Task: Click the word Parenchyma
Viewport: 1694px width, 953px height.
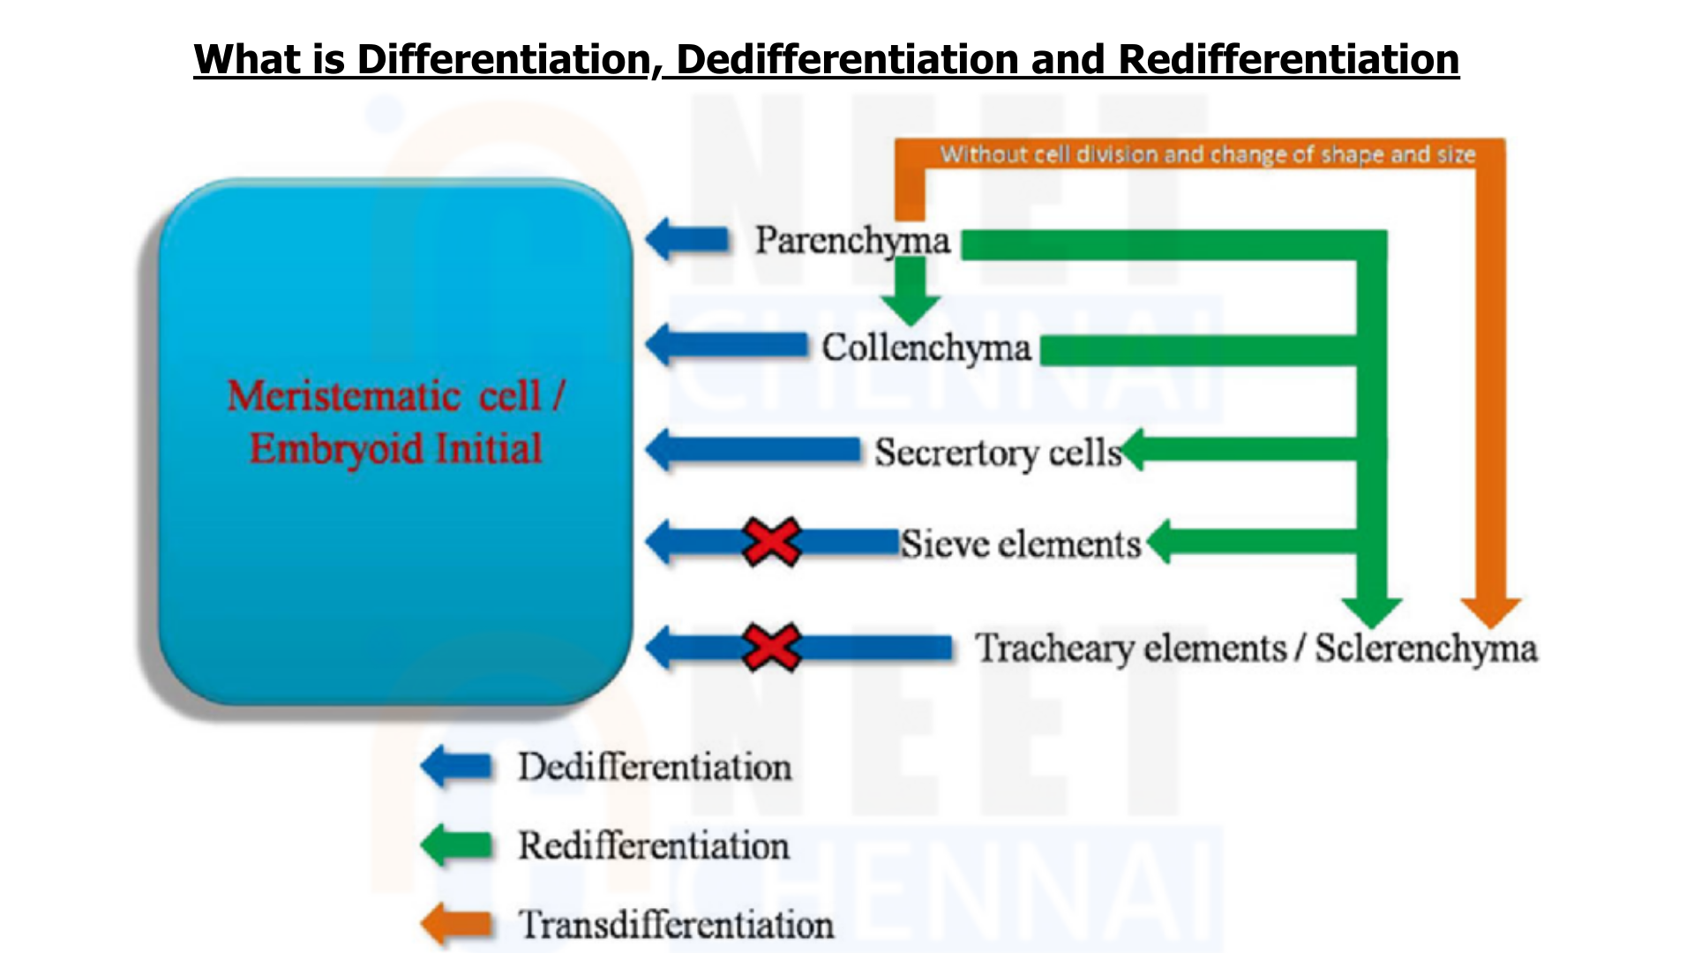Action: tap(852, 241)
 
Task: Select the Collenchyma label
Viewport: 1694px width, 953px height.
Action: tap(926, 348)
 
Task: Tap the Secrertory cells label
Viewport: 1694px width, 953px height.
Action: tap(998, 454)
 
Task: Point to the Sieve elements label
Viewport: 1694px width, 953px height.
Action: tap(1021, 544)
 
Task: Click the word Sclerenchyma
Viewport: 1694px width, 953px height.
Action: tap(1426, 649)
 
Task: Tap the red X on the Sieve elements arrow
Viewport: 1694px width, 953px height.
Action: tap(771, 542)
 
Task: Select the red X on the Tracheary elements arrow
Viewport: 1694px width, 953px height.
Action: tap(771, 648)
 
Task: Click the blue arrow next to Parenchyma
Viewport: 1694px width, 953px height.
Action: tap(688, 239)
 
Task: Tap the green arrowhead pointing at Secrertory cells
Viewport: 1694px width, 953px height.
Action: tap(1133, 449)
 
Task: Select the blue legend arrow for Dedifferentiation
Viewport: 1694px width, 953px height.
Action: tap(456, 766)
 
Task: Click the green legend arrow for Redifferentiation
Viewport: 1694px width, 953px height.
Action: tap(456, 845)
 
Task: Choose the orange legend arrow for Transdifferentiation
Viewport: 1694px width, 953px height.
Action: tap(456, 924)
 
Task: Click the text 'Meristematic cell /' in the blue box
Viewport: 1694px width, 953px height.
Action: tap(396, 396)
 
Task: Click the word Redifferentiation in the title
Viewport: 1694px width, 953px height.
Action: tap(1289, 59)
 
